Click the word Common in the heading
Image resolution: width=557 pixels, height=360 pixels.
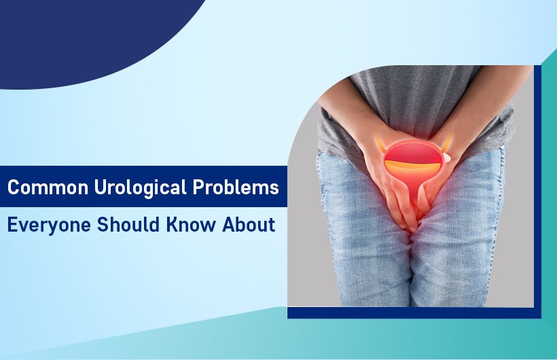click(x=39, y=187)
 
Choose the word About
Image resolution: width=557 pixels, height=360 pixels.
click(x=251, y=225)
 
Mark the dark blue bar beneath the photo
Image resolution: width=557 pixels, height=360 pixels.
click(x=414, y=312)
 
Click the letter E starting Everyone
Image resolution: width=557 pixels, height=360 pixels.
click(x=12, y=225)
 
